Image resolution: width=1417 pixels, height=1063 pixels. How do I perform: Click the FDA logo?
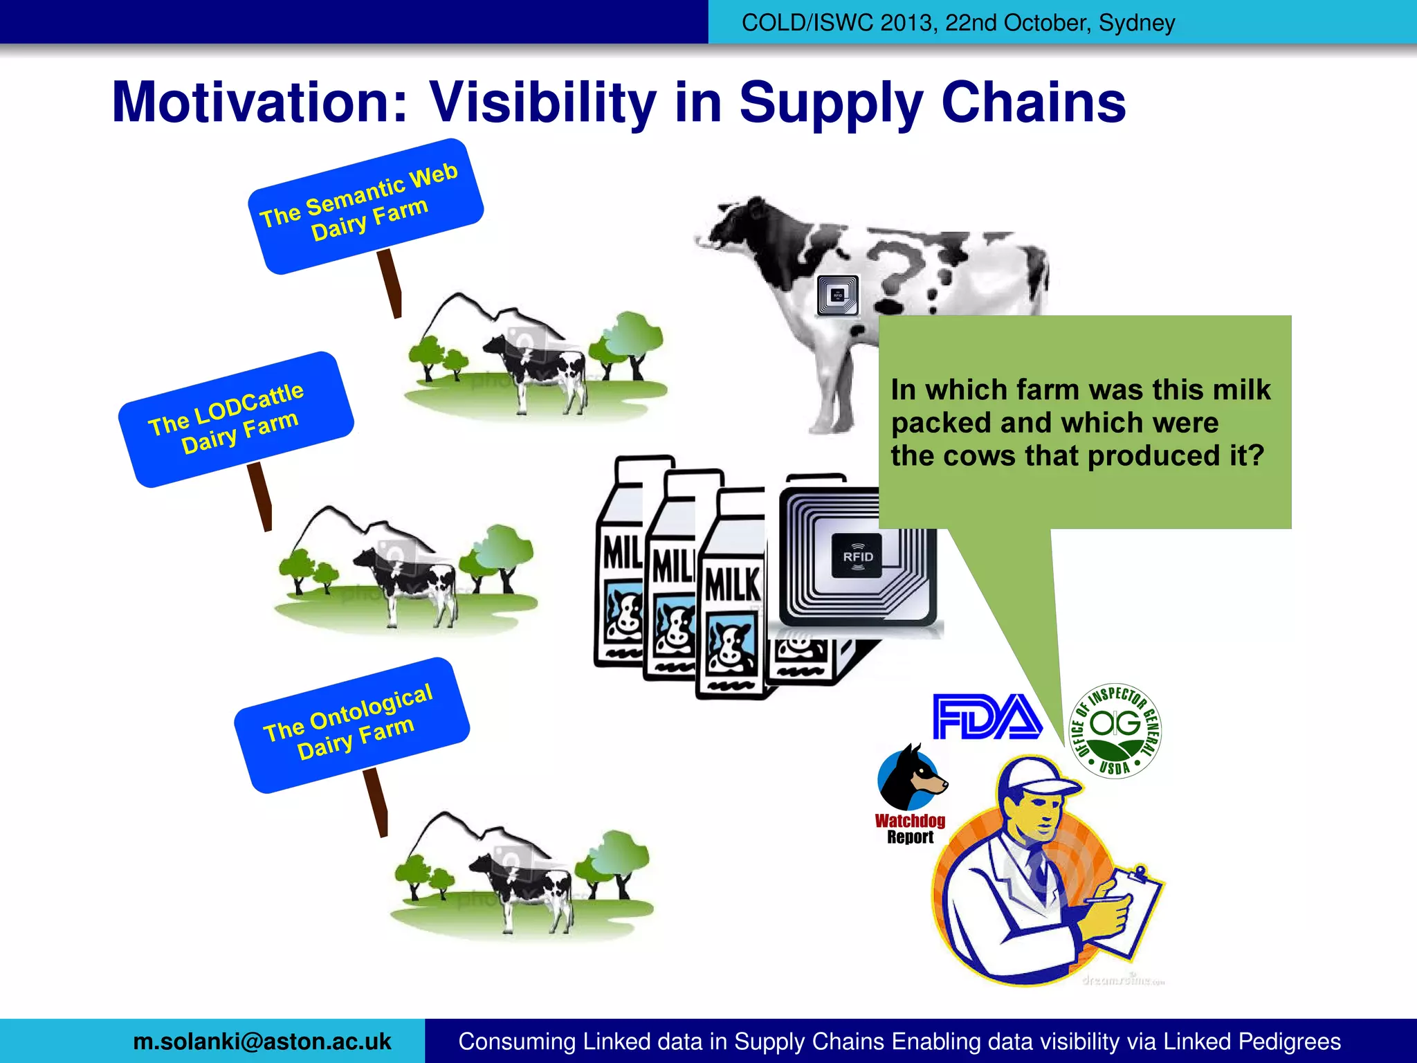(x=987, y=717)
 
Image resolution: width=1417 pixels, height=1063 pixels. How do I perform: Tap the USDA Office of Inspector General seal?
(x=1115, y=731)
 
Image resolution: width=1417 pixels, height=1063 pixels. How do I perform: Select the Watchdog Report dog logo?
(x=911, y=778)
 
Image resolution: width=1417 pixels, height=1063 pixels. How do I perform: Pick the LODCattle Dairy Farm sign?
(x=236, y=419)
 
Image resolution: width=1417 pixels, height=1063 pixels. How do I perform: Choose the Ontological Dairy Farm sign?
(x=351, y=724)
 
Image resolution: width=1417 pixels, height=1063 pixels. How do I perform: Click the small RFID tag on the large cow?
(x=837, y=296)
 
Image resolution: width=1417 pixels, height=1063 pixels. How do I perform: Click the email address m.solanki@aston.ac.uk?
(x=262, y=1042)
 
